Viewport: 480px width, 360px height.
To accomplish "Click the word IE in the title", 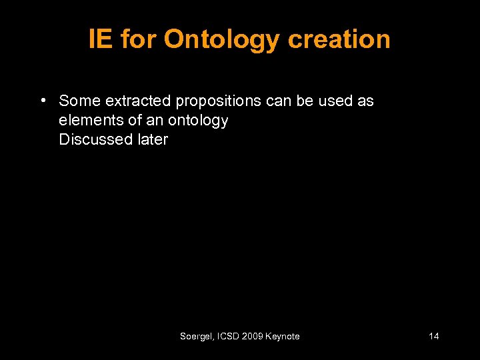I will [x=100, y=39].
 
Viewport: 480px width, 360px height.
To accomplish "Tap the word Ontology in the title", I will [x=221, y=40].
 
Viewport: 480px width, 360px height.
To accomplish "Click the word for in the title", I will [x=138, y=39].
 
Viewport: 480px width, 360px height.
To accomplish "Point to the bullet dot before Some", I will [x=42, y=101].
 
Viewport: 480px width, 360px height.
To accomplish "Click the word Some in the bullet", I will [x=79, y=101].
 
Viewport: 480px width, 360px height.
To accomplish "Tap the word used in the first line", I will [x=331, y=101].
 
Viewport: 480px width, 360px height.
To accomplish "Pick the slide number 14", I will [x=433, y=337].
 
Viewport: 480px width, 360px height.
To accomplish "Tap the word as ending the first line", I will [x=366, y=101].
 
